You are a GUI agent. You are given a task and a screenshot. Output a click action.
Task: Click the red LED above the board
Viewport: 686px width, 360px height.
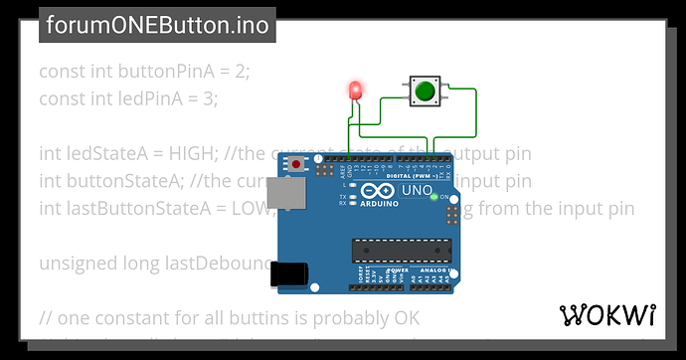pos(356,90)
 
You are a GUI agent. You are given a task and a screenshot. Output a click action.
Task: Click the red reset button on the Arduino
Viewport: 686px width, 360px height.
pos(295,163)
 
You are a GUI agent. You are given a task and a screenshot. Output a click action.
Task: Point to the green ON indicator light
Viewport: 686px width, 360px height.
pos(434,197)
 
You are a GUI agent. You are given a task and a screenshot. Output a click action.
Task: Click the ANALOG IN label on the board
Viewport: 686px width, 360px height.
pos(432,270)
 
